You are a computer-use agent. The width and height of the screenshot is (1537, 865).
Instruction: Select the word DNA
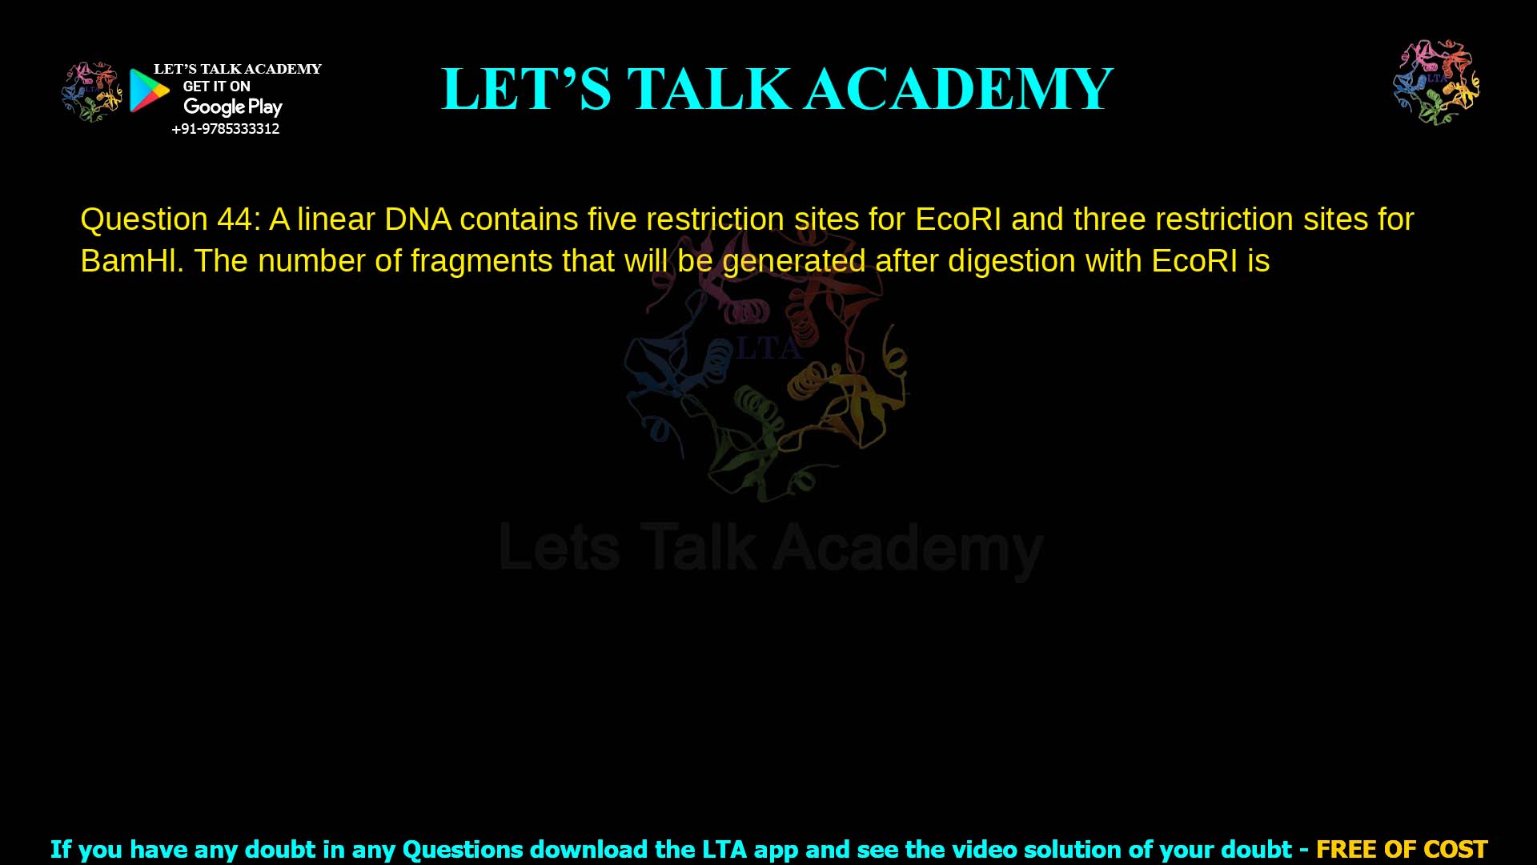417,219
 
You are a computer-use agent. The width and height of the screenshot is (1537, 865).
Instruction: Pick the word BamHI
131,261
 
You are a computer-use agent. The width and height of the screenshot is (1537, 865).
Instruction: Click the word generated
793,262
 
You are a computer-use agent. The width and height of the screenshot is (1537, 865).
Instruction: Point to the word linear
336,219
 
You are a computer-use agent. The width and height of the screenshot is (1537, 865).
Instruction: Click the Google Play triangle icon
149,91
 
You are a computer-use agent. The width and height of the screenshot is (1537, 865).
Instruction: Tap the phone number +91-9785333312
226,129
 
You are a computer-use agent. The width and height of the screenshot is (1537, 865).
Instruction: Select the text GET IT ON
216,86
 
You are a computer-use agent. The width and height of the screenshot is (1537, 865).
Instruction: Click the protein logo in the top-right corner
1436,82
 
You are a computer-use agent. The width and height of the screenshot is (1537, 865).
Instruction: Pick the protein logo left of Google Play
92,92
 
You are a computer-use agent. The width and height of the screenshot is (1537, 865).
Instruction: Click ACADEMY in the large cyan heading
958,89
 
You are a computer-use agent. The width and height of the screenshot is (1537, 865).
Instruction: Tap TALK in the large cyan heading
708,89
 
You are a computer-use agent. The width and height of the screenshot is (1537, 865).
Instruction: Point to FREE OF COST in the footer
1401,849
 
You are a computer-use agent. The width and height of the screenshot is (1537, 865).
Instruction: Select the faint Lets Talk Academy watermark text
771,549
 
